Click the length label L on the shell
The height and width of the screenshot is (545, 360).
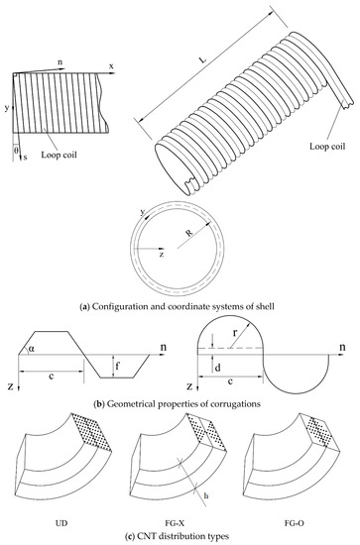pos(202,59)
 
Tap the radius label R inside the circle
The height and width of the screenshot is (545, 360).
pos(189,233)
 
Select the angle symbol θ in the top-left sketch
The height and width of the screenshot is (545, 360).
pos(16,151)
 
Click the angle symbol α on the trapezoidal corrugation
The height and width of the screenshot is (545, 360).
pos(32,349)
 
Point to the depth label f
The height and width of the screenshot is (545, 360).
pos(118,366)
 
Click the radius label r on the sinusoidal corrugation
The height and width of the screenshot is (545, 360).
pos(235,333)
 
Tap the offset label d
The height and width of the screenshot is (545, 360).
pos(218,368)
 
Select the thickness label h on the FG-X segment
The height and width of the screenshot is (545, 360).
pos(206,495)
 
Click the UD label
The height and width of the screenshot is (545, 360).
pos(61,523)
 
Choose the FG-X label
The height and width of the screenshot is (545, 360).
pos(180,523)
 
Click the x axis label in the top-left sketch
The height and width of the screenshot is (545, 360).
pos(111,66)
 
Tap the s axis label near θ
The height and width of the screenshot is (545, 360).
pos(26,158)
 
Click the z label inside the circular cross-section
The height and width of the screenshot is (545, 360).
pos(162,255)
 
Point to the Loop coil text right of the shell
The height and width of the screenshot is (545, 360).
pos(327,146)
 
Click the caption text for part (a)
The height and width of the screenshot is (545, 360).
pos(178,306)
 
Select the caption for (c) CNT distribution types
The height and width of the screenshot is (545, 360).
pos(178,537)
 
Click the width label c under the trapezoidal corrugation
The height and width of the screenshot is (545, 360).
pos(52,377)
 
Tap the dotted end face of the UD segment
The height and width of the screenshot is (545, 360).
pos(92,432)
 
